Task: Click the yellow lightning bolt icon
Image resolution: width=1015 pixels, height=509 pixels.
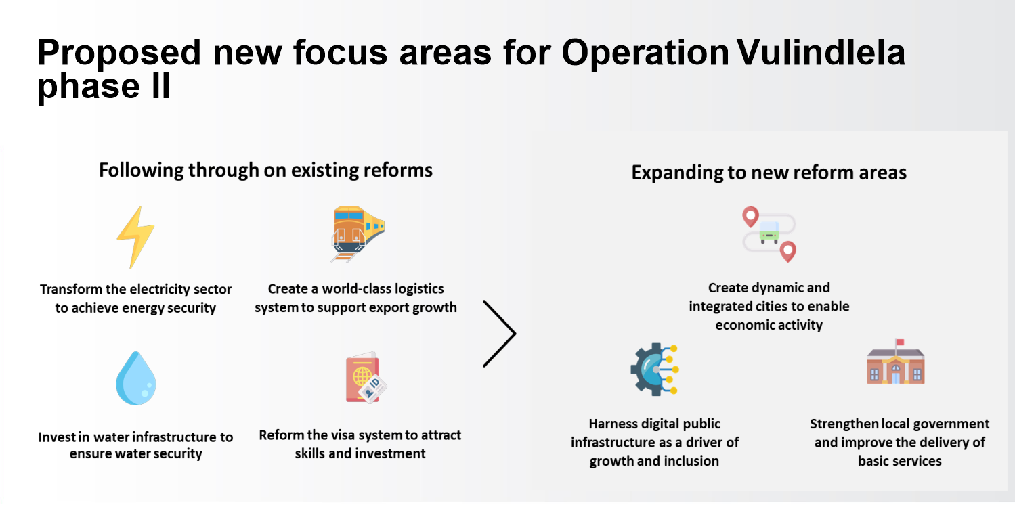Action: [135, 238]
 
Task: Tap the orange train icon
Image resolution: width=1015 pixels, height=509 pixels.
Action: [358, 234]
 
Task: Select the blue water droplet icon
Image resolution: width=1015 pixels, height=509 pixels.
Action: [136, 378]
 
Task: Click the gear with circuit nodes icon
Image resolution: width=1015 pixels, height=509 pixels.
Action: [654, 370]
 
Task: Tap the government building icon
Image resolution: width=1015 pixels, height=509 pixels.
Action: [895, 362]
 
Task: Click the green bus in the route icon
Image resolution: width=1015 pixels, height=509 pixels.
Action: [769, 232]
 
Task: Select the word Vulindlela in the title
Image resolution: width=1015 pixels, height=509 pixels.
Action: [821, 53]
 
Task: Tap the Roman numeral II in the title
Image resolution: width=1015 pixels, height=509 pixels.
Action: [161, 85]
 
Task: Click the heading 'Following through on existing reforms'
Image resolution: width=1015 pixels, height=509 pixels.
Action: [265, 171]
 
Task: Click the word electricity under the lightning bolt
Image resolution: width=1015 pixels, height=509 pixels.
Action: [155, 289]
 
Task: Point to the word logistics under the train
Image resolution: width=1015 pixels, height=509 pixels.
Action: [415, 289]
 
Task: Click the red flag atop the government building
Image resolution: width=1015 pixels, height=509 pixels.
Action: [900, 342]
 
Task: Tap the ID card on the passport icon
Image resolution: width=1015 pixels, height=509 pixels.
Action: [373, 388]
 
